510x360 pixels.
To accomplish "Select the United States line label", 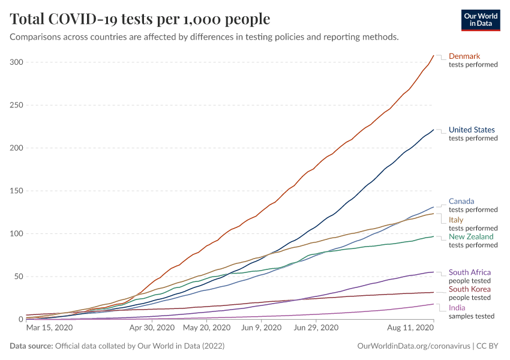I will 472,130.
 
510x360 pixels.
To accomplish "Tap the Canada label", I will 461,202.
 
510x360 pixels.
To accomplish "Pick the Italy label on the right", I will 456,220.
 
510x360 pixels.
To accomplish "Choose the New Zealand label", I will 471,237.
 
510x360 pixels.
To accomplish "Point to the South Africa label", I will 470,272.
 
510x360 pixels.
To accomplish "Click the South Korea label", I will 470,289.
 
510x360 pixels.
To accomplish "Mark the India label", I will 457,308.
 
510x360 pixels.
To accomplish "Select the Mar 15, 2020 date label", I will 50,328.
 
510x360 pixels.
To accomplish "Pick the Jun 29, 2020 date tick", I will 316,328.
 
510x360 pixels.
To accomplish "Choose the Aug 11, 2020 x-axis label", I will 411,328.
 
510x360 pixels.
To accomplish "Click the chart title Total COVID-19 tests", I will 140,19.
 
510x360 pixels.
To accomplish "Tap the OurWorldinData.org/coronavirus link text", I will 412,346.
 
